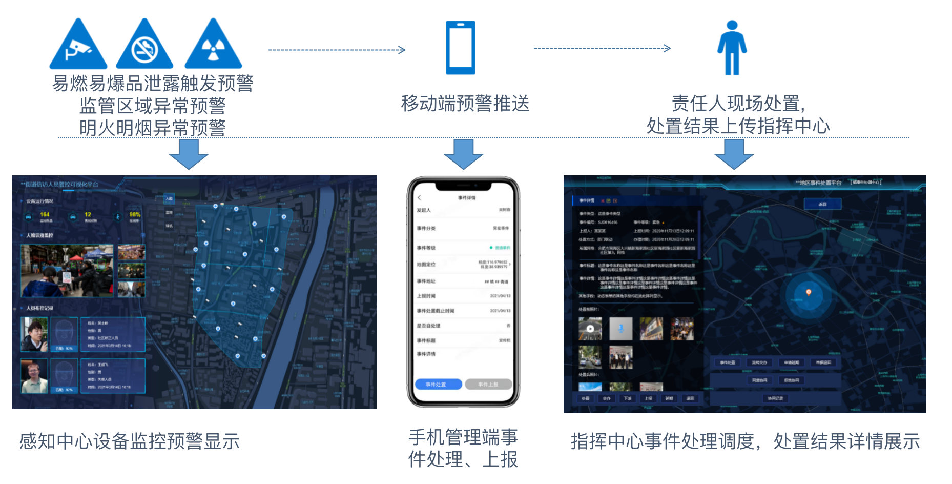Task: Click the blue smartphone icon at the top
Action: (460, 48)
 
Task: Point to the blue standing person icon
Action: (732, 48)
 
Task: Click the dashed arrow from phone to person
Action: (602, 48)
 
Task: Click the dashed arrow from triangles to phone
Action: (337, 50)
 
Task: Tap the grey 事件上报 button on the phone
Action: (488, 384)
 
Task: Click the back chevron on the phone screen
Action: (419, 198)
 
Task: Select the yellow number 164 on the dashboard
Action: (45, 215)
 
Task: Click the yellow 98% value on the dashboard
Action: (135, 215)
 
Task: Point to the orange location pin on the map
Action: (809, 292)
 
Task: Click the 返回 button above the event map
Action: (822, 204)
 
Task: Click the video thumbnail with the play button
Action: (590, 329)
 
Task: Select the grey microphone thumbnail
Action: (621, 329)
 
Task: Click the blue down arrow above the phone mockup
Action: (463, 154)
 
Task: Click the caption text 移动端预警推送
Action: (465, 104)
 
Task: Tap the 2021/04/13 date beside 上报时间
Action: (500, 296)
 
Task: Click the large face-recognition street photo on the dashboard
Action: (67, 271)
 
